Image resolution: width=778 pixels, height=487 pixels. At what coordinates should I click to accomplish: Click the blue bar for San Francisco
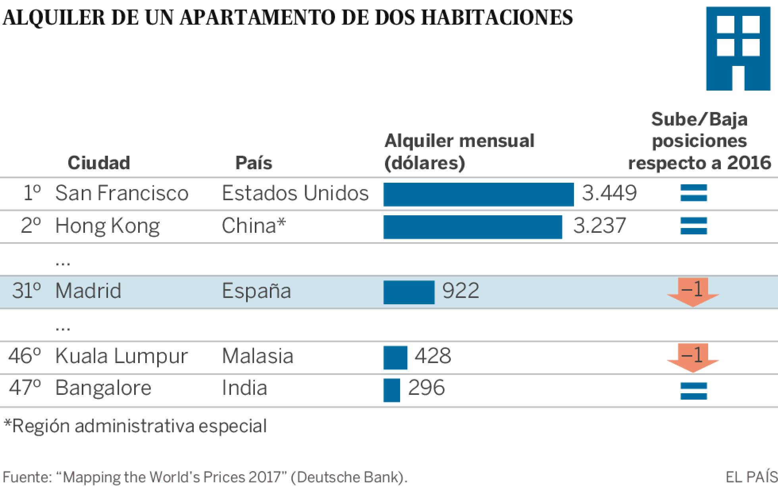(x=478, y=194)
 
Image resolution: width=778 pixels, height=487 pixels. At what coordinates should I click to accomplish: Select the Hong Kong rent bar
(x=472, y=227)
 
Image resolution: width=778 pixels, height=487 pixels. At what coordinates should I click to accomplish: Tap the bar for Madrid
(x=409, y=292)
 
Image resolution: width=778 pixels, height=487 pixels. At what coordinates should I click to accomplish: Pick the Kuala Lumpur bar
(x=395, y=358)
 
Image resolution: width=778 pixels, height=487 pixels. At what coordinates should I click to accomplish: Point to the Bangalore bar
(x=392, y=390)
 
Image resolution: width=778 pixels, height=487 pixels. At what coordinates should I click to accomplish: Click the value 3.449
(x=609, y=193)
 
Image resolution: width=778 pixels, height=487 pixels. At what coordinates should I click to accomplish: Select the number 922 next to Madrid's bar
(x=461, y=291)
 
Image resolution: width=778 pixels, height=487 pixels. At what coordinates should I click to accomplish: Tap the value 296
(x=426, y=388)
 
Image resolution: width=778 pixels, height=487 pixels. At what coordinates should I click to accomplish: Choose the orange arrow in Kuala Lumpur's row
(x=693, y=358)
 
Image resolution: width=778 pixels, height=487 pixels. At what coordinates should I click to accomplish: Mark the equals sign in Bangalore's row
(x=693, y=390)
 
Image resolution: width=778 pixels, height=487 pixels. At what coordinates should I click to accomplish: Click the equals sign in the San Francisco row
(x=693, y=193)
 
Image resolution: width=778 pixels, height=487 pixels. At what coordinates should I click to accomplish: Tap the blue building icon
(x=738, y=48)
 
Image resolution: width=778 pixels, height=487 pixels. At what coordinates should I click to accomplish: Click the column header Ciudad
(x=99, y=163)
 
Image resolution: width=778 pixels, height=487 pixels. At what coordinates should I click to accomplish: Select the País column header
(x=254, y=163)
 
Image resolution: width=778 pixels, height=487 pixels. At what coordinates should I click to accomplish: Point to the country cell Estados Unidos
(x=295, y=193)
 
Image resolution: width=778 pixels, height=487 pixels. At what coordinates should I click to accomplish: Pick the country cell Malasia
(x=257, y=356)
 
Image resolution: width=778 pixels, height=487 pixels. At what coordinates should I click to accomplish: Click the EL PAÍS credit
(x=751, y=477)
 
